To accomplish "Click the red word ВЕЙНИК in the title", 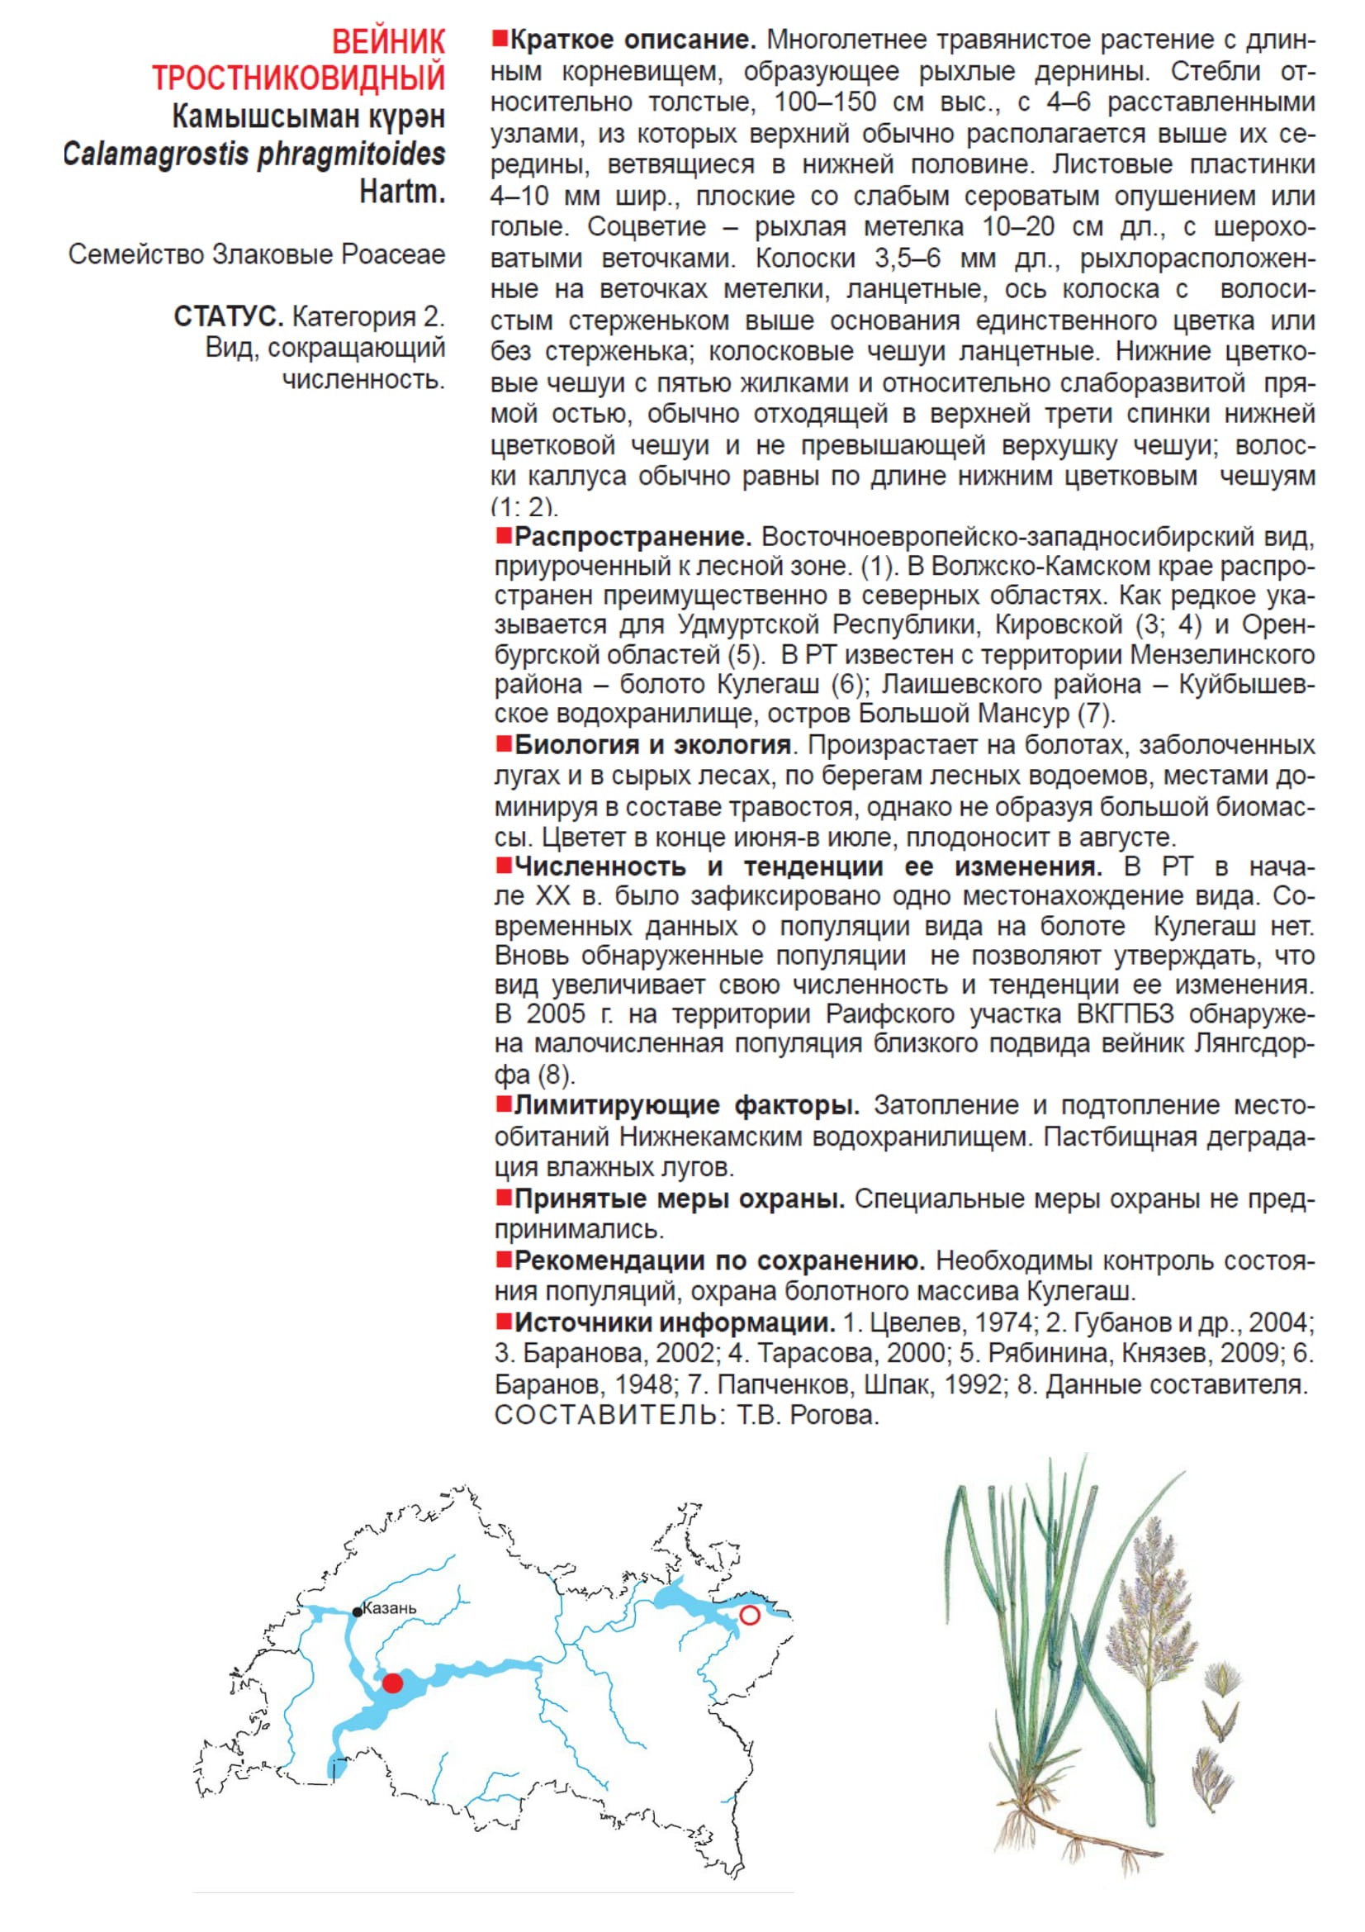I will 388,42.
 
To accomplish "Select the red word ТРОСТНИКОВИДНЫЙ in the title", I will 299,78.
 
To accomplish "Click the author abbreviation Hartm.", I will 402,192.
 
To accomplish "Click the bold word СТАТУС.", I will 228,317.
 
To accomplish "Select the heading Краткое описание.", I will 633,40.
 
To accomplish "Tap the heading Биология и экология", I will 652,745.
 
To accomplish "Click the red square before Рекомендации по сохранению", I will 504,1259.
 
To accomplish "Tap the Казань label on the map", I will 390,1608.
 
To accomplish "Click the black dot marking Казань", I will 358,1612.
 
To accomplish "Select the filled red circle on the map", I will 393,1683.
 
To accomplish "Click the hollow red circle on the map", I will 749,1615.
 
